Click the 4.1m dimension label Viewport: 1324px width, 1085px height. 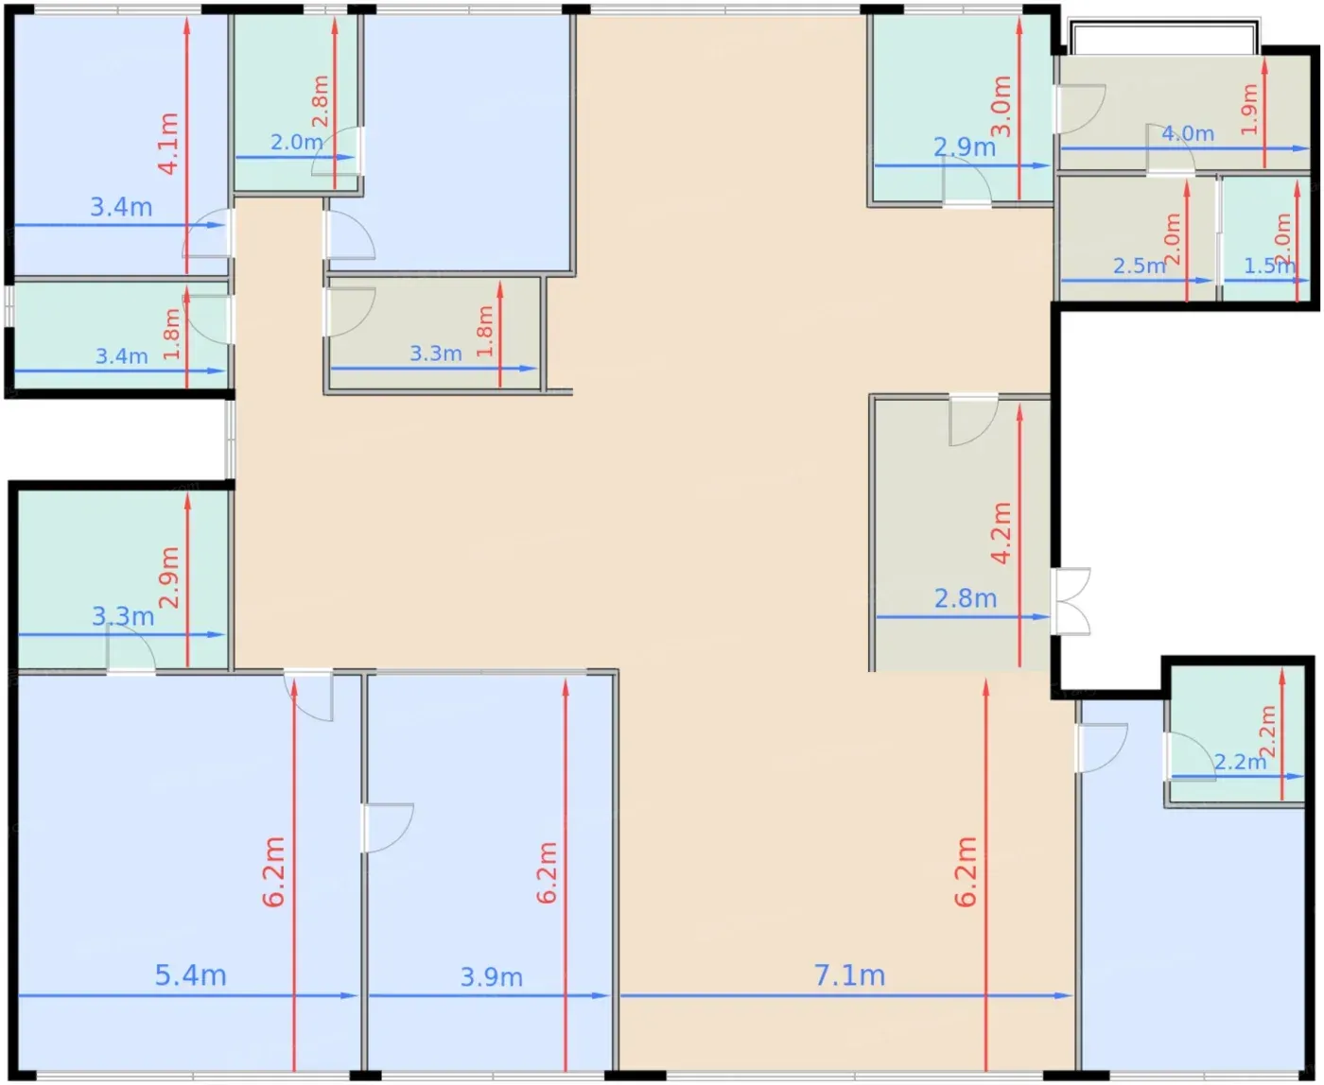(x=169, y=144)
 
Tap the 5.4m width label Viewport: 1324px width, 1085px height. (x=190, y=975)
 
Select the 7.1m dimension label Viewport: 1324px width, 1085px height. (x=849, y=975)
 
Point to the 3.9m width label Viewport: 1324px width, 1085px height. (x=492, y=977)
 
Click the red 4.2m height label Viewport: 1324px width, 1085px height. (x=1001, y=533)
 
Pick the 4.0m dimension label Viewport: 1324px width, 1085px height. (x=1188, y=133)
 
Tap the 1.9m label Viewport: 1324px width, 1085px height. (x=1249, y=110)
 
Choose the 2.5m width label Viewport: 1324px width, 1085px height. (x=1140, y=267)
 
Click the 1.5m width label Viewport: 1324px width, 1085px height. (x=1269, y=267)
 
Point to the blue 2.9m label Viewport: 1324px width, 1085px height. (x=965, y=147)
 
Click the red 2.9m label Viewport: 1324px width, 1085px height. (x=169, y=577)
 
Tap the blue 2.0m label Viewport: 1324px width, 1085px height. (x=296, y=143)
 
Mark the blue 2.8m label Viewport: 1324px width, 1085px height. (x=966, y=598)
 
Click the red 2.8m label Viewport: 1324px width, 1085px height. (x=320, y=101)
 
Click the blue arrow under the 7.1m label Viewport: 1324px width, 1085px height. (x=846, y=995)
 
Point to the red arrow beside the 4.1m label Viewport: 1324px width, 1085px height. (x=186, y=145)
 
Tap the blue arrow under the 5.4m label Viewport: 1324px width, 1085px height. (x=187, y=995)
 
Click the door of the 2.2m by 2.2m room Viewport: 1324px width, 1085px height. (x=1189, y=757)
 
